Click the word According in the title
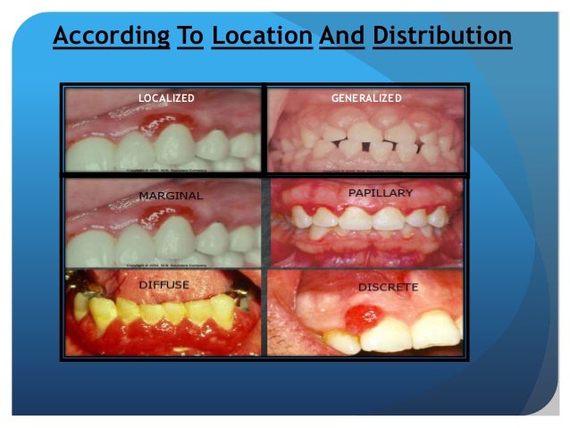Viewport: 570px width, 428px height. tap(110, 37)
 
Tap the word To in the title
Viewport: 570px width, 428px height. tap(190, 37)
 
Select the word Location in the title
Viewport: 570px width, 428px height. tap(260, 37)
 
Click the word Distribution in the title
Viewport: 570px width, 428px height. tap(441, 37)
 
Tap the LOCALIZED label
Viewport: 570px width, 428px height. tap(166, 97)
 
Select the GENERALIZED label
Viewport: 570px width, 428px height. tap(366, 97)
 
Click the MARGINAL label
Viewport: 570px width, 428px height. tap(171, 195)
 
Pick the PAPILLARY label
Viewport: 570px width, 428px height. tap(380, 193)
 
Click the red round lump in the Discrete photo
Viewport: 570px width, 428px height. tap(361, 317)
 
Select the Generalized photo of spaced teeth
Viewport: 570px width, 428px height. tap(366, 134)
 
